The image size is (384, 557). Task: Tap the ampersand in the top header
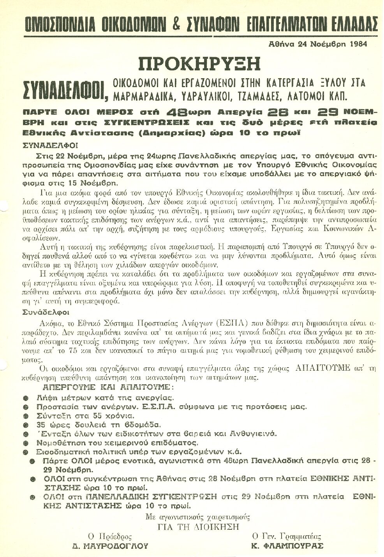tap(176, 24)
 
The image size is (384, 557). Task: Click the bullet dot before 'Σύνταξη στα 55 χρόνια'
tap(26, 416)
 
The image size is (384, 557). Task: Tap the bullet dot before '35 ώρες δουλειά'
tap(26, 425)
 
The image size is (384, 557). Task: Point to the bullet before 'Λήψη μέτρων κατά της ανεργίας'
tap(26, 398)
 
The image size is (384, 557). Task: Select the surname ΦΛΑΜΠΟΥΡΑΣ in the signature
tap(287, 546)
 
